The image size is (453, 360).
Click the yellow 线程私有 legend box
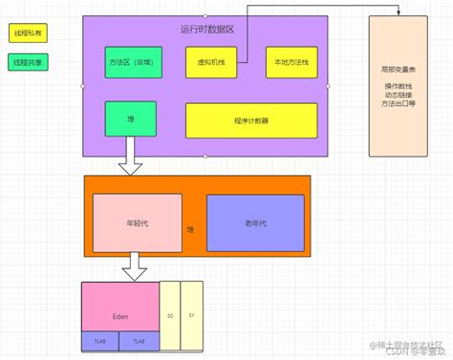pos(29,32)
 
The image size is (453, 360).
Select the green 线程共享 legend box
pos(29,63)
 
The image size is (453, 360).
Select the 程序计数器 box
pos(250,120)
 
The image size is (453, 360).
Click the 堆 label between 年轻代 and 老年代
pos(191,230)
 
